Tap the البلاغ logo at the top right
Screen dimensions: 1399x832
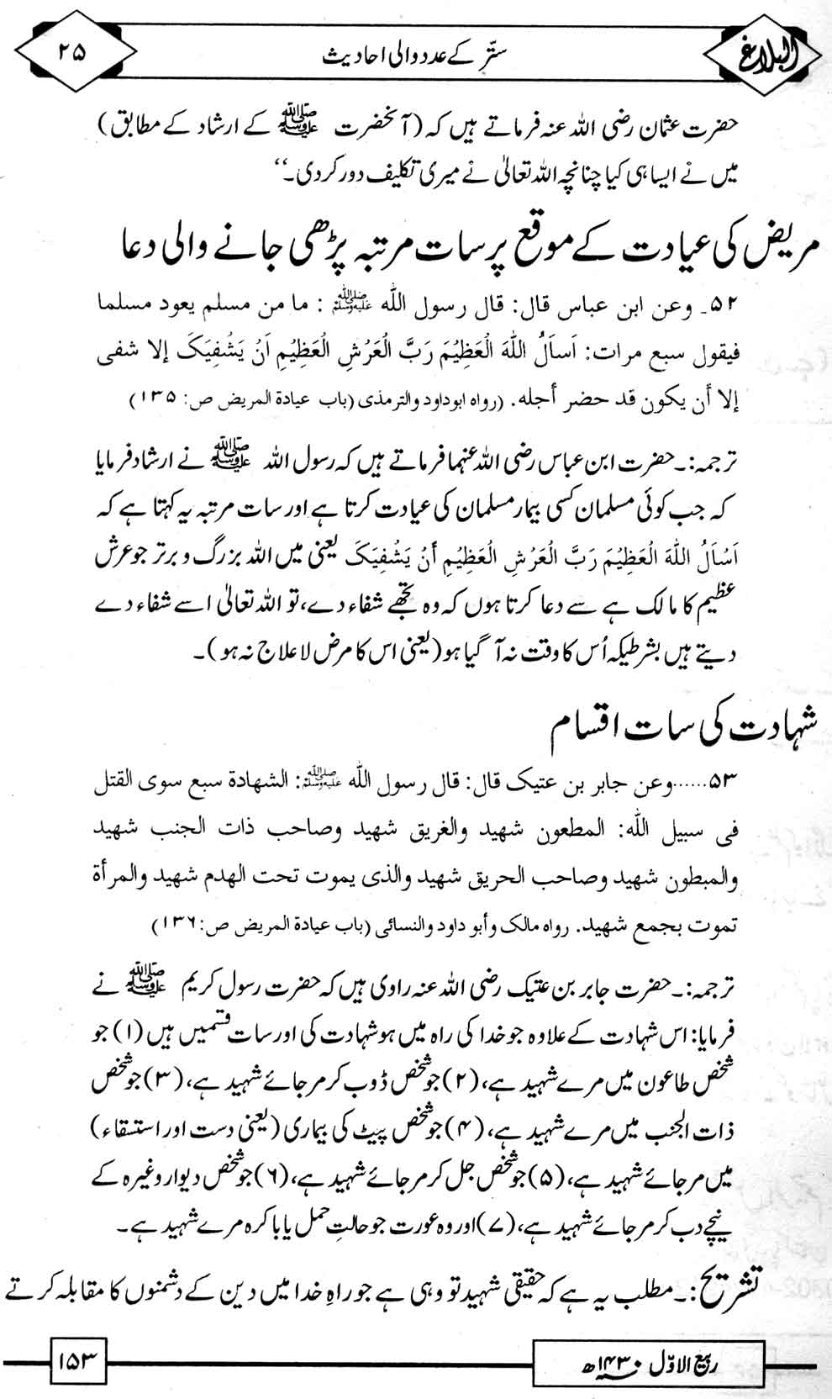(x=767, y=55)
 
